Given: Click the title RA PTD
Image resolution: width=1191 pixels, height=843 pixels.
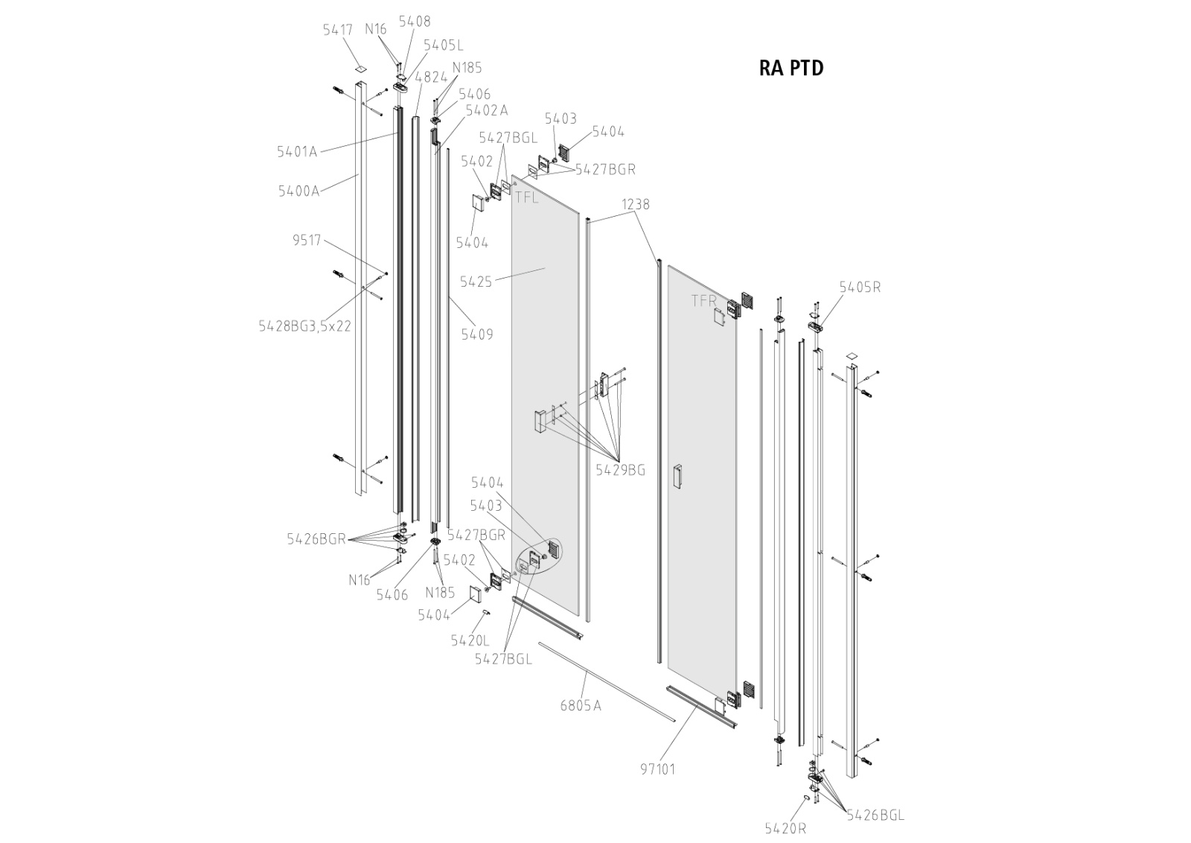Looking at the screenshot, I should (791, 68).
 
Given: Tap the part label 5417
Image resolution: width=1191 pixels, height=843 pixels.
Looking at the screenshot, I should (337, 31).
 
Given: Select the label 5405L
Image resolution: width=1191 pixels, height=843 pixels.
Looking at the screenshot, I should (443, 45).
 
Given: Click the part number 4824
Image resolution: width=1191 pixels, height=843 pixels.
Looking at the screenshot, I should (431, 77).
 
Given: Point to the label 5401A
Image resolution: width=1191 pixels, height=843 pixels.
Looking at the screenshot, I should (297, 152).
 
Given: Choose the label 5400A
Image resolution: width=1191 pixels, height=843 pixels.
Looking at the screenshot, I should (298, 191).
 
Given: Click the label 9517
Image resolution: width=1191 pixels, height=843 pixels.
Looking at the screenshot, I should (307, 241).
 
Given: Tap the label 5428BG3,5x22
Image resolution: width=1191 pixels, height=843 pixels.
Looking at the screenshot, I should (304, 326).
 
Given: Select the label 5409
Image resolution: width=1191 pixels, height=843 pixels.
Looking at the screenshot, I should (476, 334).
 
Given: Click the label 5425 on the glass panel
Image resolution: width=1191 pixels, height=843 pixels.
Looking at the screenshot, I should (476, 281).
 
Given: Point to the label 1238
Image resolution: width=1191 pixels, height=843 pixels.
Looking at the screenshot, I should (636, 204).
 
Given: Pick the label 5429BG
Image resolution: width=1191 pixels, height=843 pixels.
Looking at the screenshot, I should (620, 471).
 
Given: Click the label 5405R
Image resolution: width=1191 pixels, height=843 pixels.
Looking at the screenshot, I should (860, 287).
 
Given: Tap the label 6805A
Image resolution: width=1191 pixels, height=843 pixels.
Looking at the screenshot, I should (580, 705).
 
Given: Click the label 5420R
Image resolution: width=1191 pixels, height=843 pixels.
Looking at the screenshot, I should (785, 828).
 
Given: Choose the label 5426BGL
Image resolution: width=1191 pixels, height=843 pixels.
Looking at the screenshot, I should (875, 815).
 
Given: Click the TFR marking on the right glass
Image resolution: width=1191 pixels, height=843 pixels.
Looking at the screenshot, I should (703, 301).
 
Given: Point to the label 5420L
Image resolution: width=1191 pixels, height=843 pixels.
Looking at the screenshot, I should (470, 640).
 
